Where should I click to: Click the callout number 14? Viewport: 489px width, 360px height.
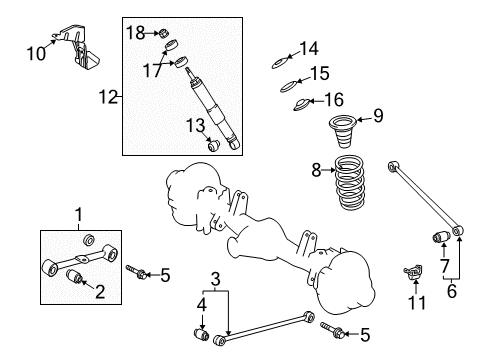pos(308,46)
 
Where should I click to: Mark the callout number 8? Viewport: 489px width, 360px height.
pos(317,171)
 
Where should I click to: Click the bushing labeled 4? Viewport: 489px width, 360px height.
pos(202,333)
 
